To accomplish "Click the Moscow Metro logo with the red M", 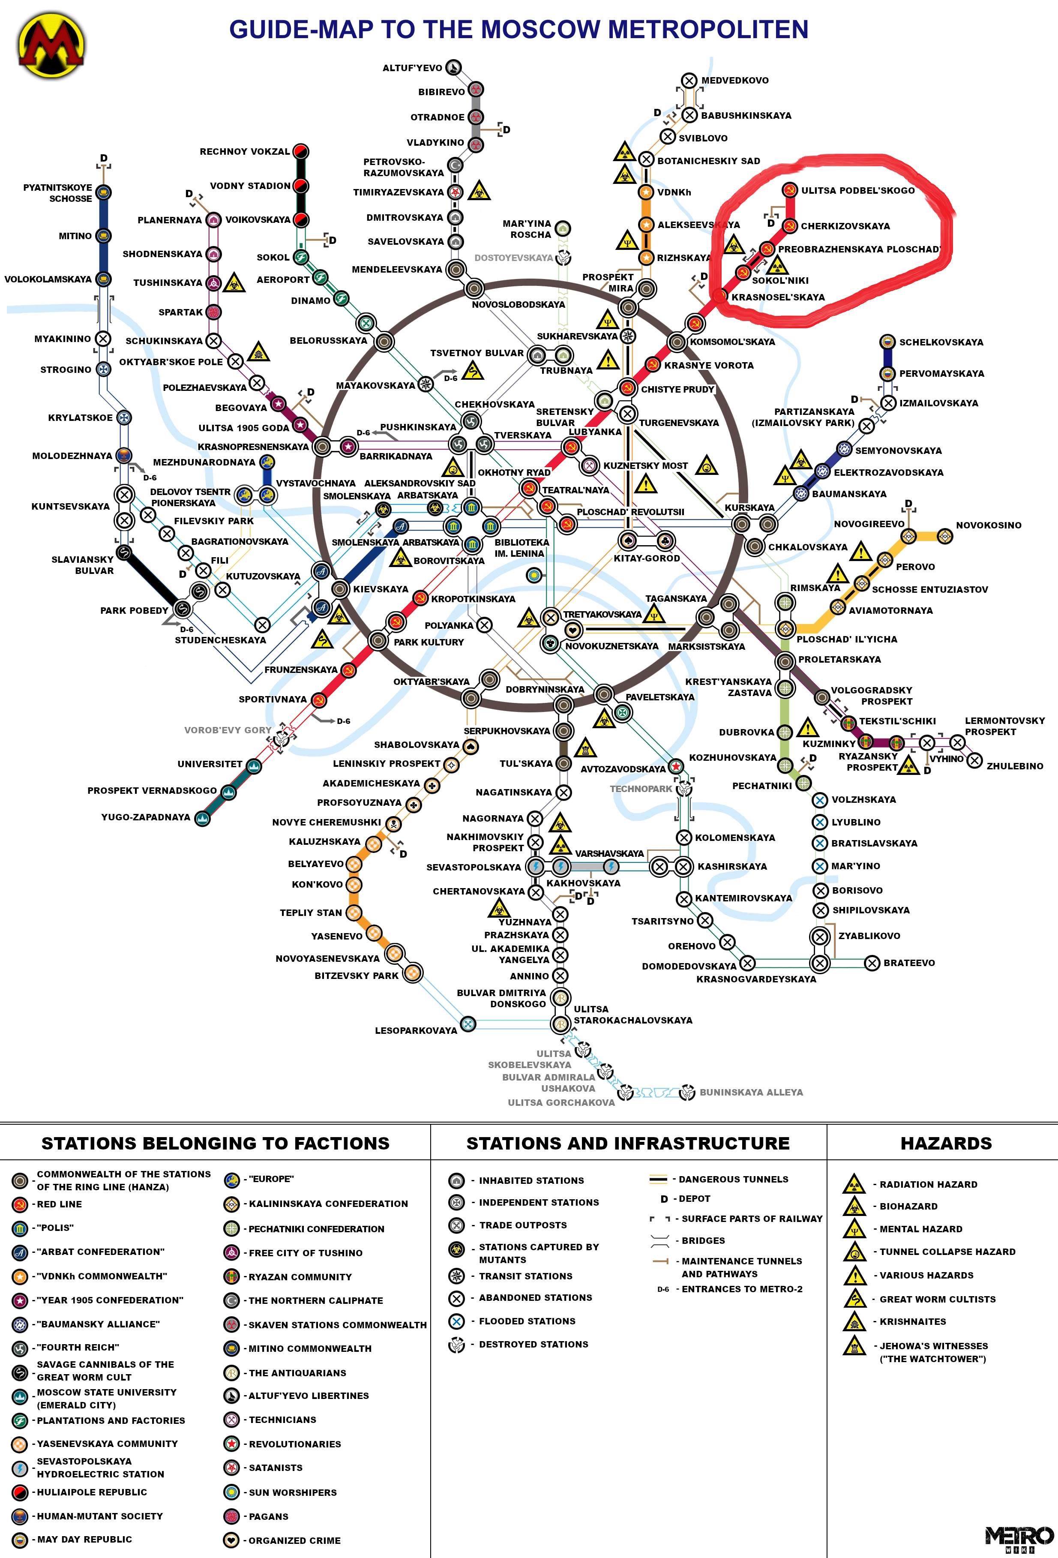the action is pyautogui.click(x=51, y=46).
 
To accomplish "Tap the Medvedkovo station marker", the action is pyautogui.click(x=689, y=81).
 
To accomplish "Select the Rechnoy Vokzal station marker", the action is pyautogui.click(x=301, y=151).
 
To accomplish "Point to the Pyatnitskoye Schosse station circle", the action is pyautogui.click(x=103, y=192).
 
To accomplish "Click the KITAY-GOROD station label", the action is pyautogui.click(x=647, y=558).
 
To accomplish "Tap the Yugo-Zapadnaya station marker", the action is pyautogui.click(x=202, y=818).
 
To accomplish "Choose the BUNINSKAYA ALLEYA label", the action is pyautogui.click(x=751, y=1092).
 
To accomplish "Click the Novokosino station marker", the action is pyautogui.click(x=945, y=536).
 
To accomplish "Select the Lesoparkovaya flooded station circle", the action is pyautogui.click(x=468, y=1024).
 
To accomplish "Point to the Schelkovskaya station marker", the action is pyautogui.click(x=887, y=342).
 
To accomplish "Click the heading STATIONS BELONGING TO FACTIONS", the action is pyautogui.click(x=215, y=1143).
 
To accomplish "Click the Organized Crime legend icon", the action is pyautogui.click(x=231, y=1540).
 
